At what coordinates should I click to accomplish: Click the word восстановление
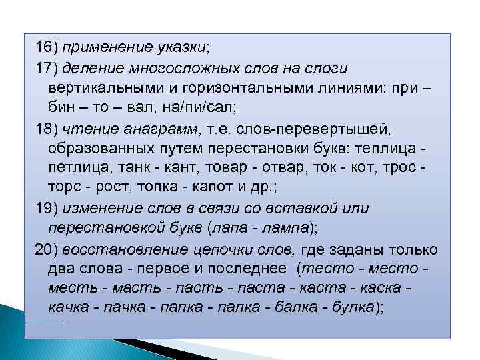(117, 249)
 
